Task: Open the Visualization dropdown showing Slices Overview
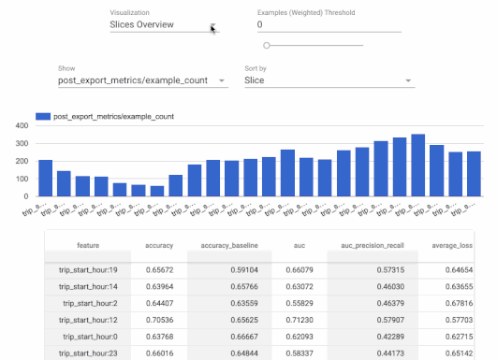coord(163,25)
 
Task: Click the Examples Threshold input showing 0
coord(329,25)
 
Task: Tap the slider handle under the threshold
coord(267,45)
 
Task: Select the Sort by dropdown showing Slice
coord(328,81)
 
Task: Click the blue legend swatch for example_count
coord(42,117)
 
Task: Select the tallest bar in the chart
coord(417,166)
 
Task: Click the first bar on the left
coord(45,178)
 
